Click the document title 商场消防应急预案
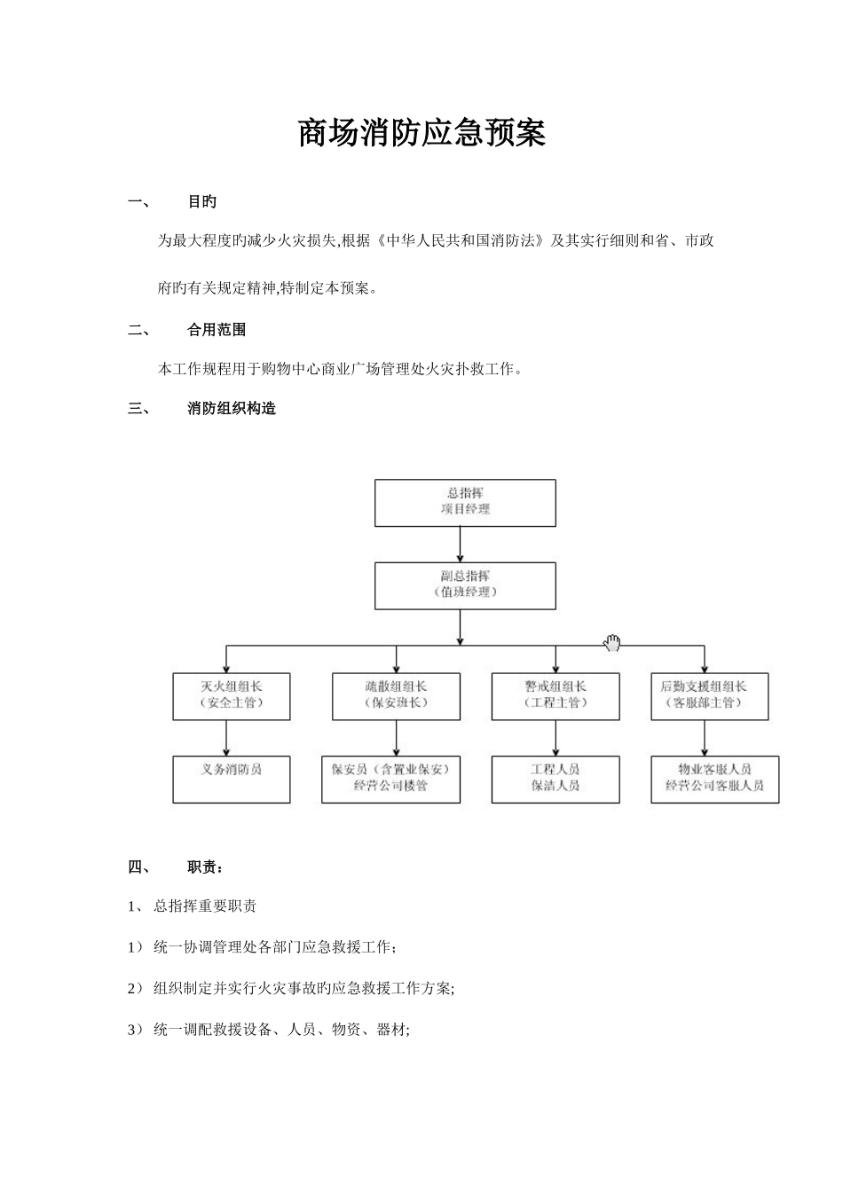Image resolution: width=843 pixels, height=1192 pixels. [x=421, y=133]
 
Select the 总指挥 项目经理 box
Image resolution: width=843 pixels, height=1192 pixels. [x=465, y=503]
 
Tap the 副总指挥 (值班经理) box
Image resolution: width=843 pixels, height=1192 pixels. [x=465, y=585]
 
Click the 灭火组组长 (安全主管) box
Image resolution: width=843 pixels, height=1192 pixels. [x=231, y=695]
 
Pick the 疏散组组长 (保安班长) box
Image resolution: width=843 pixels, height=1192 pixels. [x=396, y=695]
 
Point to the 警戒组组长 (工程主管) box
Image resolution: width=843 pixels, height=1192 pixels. [x=555, y=695]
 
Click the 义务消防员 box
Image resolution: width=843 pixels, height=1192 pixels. [x=231, y=779]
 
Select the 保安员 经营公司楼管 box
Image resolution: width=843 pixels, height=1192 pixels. [x=390, y=779]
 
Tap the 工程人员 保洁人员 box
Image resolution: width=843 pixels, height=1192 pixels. [x=555, y=779]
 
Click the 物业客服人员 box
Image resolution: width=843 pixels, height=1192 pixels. [x=714, y=779]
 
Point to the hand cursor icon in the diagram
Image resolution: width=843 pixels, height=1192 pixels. [x=612, y=643]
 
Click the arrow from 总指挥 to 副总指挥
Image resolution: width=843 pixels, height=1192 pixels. [x=460, y=544]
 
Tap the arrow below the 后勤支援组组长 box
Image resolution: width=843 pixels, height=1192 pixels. [x=705, y=737]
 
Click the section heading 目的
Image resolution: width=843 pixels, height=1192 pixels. [x=202, y=202]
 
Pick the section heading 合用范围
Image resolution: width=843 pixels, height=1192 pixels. [x=217, y=330]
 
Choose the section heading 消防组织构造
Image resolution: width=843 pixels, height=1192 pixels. [x=232, y=409]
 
